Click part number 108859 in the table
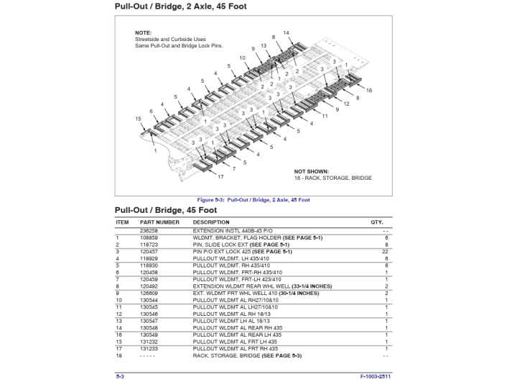[x=149, y=237]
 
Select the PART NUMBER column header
[x=159, y=222]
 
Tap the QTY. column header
[x=377, y=222]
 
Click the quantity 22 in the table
[x=386, y=252]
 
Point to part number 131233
[x=149, y=349]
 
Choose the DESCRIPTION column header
[x=211, y=222]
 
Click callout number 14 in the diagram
[x=286, y=33]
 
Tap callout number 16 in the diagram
[x=369, y=91]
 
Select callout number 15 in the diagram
[x=138, y=119]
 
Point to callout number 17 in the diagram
[x=220, y=176]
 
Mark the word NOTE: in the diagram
[x=143, y=33]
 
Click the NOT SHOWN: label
[x=311, y=171]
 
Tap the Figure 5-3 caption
[x=253, y=199]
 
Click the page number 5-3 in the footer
[x=120, y=376]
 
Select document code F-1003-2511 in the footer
[x=375, y=376]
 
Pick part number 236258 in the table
[x=149, y=230]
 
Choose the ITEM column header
[x=122, y=222]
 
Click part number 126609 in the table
[x=149, y=294]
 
